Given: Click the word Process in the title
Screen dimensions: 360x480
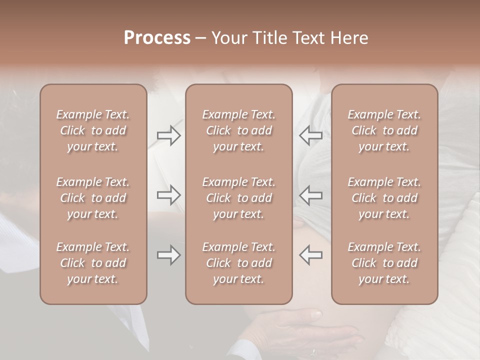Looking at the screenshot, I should pyautogui.click(x=157, y=38).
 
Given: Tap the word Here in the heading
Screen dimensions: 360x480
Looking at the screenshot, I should pyautogui.click(x=348, y=38).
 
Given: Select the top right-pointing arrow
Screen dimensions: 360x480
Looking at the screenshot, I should pyautogui.click(x=168, y=135).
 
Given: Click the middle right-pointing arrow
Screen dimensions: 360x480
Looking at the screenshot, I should pyautogui.click(x=168, y=195).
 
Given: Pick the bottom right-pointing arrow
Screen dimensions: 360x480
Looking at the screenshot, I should pyautogui.click(x=168, y=255).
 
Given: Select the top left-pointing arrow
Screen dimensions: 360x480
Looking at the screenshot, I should pyautogui.click(x=311, y=135).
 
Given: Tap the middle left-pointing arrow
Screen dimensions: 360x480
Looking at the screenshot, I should pyautogui.click(x=311, y=195).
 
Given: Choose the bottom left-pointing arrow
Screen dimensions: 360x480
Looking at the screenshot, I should pyautogui.click(x=311, y=255).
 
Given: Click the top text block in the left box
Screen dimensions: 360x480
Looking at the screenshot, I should pyautogui.click(x=93, y=130).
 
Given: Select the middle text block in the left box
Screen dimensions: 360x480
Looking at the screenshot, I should pyautogui.click(x=93, y=198).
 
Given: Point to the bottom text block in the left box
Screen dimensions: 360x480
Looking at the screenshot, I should pyautogui.click(x=93, y=263).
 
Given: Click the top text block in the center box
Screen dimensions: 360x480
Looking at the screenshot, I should pyautogui.click(x=238, y=130).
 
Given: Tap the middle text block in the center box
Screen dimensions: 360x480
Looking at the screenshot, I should pyautogui.click(x=238, y=198).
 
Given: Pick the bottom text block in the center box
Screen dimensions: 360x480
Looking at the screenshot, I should pyautogui.click(x=238, y=263).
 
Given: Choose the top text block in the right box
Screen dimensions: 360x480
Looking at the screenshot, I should pyautogui.click(x=384, y=130).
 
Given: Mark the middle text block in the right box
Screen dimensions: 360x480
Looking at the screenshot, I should pyautogui.click(x=384, y=198).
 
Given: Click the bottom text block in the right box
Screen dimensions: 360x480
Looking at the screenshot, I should pyautogui.click(x=384, y=263).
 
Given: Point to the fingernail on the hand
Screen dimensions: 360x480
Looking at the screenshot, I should pyautogui.click(x=316, y=314).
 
